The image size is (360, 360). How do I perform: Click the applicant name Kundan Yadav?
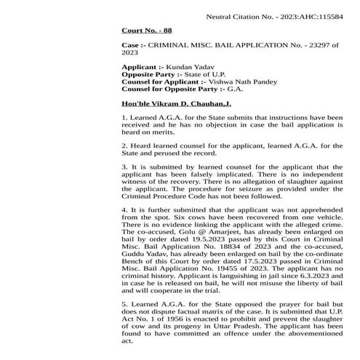[192, 67]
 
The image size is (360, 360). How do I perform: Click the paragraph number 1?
[124, 116]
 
